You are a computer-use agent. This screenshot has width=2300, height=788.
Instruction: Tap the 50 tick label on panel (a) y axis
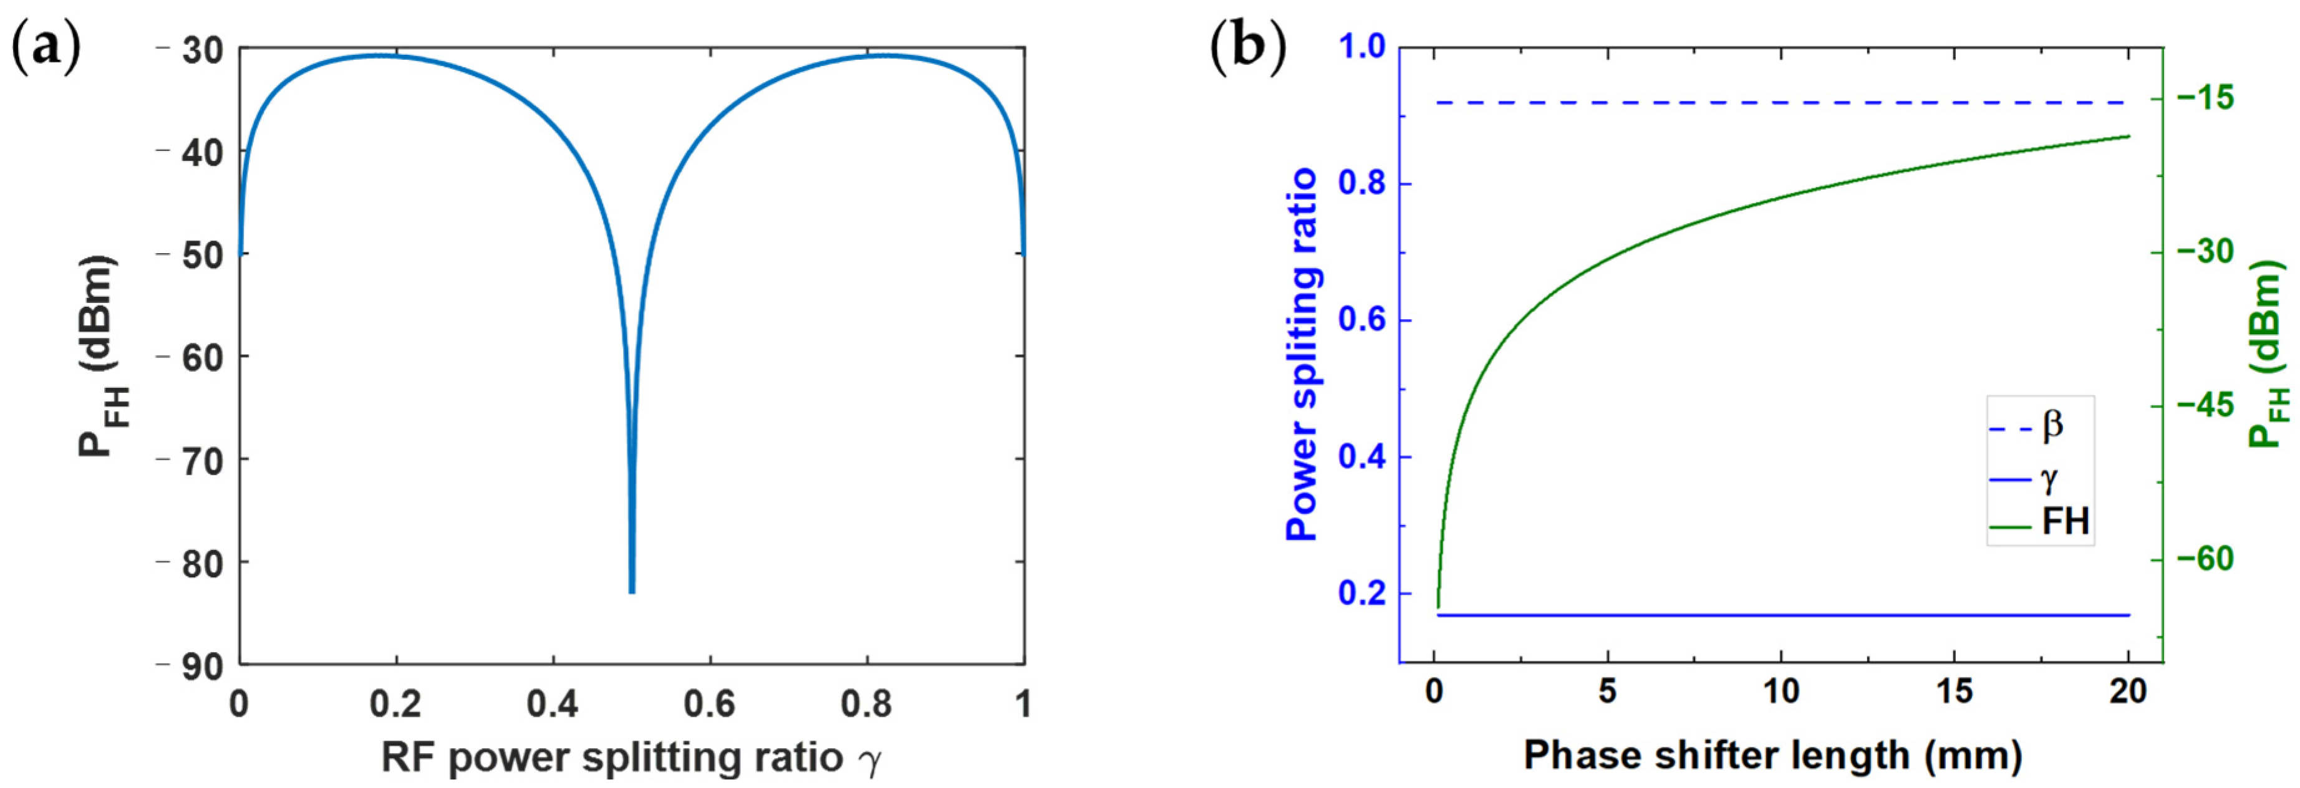point(202,254)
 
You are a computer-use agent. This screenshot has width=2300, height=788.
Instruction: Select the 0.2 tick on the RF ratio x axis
point(395,703)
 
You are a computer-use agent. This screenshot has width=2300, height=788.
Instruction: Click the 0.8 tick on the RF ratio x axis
point(867,703)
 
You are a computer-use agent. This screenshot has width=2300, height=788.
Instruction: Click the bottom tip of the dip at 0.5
point(631,591)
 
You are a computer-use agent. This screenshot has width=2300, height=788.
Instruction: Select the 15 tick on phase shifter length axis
point(1955,691)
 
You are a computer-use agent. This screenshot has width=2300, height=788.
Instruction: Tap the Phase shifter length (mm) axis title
point(1773,755)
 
